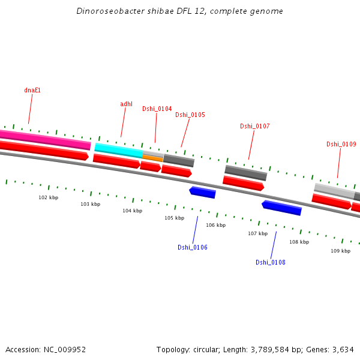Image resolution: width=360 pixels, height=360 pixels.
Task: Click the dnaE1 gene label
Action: (x=32, y=90)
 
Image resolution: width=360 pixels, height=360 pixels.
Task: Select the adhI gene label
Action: (x=126, y=104)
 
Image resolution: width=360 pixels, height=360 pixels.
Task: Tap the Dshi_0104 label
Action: (x=157, y=109)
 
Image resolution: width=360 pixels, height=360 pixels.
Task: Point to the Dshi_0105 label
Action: (x=190, y=115)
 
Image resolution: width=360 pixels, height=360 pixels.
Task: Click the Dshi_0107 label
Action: (x=254, y=126)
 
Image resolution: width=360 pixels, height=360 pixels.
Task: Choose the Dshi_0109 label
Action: (x=341, y=144)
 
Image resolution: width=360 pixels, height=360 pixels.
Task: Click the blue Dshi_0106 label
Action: (x=193, y=247)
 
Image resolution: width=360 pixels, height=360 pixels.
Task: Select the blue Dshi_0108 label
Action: (x=271, y=262)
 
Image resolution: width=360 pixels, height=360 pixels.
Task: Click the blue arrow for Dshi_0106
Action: (x=203, y=192)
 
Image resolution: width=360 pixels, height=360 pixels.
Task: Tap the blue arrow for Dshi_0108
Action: (x=282, y=208)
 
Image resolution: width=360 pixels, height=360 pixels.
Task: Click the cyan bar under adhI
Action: (x=118, y=149)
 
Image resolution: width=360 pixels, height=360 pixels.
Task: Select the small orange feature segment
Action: (x=152, y=157)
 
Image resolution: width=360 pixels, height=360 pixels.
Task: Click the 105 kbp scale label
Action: (x=175, y=218)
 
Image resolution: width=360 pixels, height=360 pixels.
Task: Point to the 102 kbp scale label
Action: (x=49, y=197)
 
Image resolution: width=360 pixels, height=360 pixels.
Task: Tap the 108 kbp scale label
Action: (x=299, y=242)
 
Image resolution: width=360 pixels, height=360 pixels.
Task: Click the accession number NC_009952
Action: (x=63, y=349)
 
